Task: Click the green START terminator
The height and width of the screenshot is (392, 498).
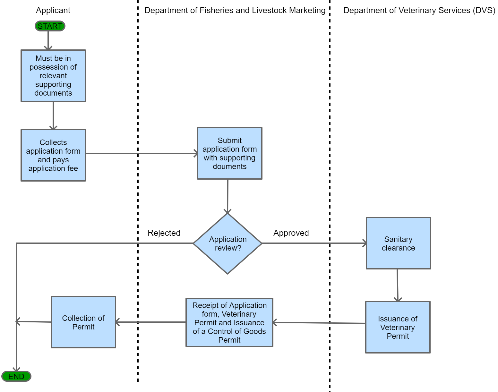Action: tap(50, 26)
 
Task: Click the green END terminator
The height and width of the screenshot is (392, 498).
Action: tap(16, 376)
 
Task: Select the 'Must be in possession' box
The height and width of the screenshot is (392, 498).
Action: tap(53, 76)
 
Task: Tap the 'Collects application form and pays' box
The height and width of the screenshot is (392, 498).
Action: tap(53, 155)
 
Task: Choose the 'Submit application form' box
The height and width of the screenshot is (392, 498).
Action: tap(229, 153)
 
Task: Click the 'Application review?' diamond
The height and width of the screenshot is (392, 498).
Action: tap(228, 243)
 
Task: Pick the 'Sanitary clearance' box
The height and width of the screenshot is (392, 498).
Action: tap(398, 243)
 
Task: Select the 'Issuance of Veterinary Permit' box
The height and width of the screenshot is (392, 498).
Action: tap(398, 327)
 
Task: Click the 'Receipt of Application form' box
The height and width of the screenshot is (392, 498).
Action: tap(229, 322)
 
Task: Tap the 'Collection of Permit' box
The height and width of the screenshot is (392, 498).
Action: tap(83, 322)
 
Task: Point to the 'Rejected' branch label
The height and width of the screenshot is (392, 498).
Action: tap(164, 233)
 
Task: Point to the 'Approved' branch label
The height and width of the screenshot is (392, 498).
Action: tap(291, 233)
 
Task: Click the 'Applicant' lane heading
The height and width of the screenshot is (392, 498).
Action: tap(53, 10)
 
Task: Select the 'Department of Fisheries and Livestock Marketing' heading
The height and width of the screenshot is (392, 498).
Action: tap(235, 10)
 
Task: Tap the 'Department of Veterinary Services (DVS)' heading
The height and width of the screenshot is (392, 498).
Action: tap(419, 10)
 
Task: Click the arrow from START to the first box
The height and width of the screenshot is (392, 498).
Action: tap(48, 40)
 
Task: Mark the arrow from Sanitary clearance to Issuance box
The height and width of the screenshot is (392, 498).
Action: tap(398, 285)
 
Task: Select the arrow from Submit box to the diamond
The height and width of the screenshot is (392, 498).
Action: tap(228, 196)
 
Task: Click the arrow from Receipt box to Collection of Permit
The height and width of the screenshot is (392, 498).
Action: tap(150, 322)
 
